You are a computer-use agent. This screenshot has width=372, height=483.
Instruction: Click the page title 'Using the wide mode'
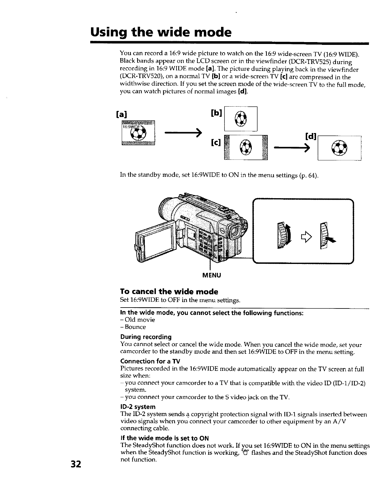click(x=160, y=32)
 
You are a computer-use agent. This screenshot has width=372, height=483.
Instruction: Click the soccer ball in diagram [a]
click(x=139, y=133)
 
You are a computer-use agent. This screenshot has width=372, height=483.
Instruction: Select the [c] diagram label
click(x=216, y=142)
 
